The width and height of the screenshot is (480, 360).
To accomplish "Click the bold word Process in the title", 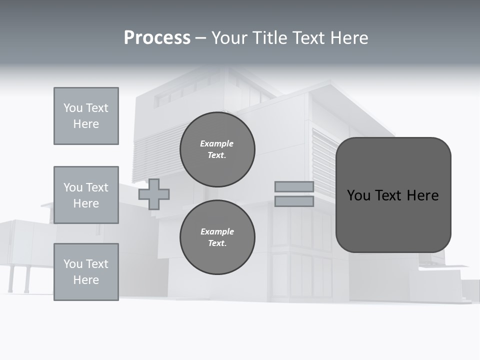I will [157, 38].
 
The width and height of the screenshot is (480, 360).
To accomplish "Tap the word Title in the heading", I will [269, 38].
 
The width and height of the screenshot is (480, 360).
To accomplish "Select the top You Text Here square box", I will [86, 116].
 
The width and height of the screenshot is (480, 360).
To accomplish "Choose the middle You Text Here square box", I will [86, 195].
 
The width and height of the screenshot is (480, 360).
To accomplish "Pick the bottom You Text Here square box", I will [86, 272].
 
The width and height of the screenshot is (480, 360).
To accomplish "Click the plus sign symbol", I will [154, 194].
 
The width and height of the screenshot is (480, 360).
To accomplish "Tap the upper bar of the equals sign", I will [294, 186].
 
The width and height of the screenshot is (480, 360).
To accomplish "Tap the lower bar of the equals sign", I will [294, 201].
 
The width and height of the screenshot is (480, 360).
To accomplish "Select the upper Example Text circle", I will [217, 149].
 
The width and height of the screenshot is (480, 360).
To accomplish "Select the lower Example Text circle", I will [217, 237].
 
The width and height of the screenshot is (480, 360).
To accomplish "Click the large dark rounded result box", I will [393, 195].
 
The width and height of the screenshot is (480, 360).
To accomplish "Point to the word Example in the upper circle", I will [217, 143].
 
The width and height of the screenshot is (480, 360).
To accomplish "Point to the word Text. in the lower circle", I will [217, 243].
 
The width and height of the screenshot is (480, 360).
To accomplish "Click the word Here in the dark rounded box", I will [422, 195].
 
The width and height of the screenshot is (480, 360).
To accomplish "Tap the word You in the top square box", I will [73, 108].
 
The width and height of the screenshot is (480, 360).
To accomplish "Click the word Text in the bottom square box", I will [96, 264].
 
